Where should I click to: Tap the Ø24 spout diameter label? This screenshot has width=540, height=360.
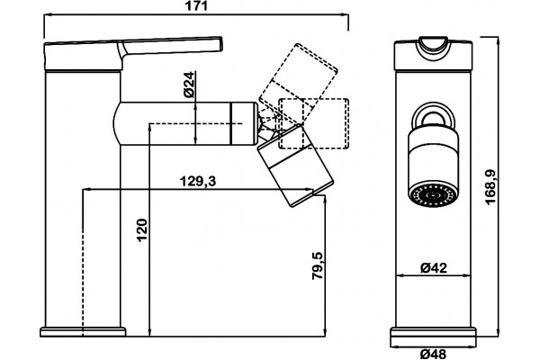(x=189, y=85)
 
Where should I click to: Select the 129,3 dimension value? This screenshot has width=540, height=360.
(x=198, y=181)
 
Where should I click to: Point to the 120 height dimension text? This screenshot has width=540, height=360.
(x=142, y=230)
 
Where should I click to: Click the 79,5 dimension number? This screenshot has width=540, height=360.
(x=318, y=265)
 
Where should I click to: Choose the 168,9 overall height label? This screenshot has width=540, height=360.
(x=490, y=187)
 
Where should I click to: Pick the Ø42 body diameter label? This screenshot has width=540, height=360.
(x=434, y=267)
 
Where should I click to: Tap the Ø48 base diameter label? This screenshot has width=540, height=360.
(x=434, y=354)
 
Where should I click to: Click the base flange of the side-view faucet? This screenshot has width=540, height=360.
(x=83, y=332)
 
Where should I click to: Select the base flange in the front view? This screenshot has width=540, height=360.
(x=433, y=338)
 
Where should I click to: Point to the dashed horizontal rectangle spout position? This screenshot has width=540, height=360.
(x=313, y=124)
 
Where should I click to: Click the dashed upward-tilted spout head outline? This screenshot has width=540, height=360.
(x=298, y=79)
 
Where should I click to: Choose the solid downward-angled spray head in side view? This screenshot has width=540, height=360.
(x=296, y=166)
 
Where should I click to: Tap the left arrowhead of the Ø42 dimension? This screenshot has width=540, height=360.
(x=401, y=275)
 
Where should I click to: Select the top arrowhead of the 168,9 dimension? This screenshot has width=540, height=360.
(x=499, y=40)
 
